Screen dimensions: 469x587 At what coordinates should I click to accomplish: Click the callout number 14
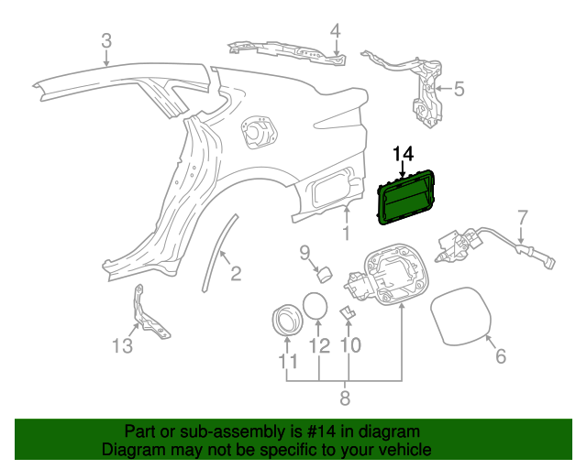404,153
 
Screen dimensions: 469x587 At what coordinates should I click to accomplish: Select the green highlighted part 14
407,196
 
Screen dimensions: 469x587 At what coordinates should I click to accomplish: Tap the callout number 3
106,41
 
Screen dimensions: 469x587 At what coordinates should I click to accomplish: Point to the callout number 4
336,31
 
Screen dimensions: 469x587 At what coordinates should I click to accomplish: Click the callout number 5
459,89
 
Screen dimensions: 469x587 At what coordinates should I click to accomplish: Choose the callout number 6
500,357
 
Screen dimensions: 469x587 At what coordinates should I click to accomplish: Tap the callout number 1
347,234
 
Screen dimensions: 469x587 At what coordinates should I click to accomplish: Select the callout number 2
235,273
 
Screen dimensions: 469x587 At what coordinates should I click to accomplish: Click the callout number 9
305,253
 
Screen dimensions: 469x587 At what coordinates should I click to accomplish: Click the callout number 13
123,345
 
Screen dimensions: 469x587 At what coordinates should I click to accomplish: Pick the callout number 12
318,346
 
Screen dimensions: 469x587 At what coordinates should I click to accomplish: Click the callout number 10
349,346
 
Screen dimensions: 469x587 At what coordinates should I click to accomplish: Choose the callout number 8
345,398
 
